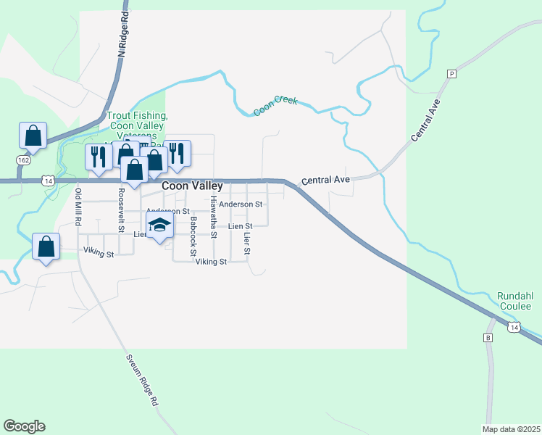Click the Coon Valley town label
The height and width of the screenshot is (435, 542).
(192, 186)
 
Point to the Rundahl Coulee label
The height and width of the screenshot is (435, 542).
(514, 301)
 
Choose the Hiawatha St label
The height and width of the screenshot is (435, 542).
(214, 216)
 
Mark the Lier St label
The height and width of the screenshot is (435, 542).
(246, 242)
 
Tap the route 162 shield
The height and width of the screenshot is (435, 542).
(24, 159)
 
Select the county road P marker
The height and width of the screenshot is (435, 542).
(451, 74)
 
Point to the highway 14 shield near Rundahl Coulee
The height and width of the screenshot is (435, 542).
(514, 328)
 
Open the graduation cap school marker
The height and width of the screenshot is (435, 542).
(160, 225)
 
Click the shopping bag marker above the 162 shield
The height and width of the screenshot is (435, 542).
(33, 135)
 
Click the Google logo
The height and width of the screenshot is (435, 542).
(24, 426)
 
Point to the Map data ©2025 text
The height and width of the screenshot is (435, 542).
(511, 428)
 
